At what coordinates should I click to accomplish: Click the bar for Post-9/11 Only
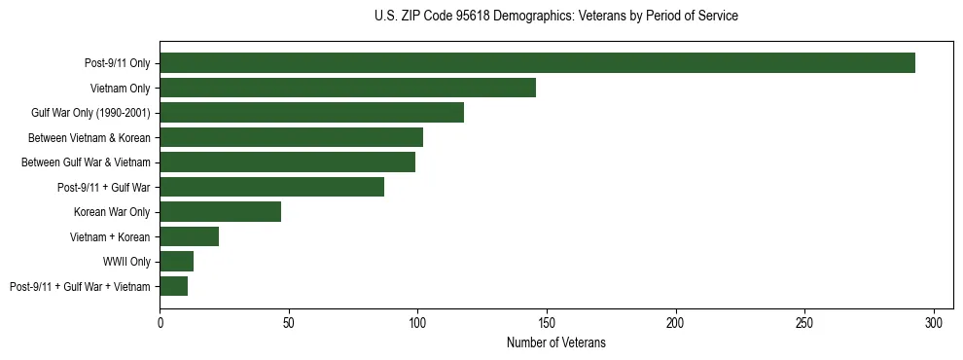pyautogui.click(x=537, y=63)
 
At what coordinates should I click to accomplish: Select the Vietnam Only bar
pyautogui.click(x=347, y=88)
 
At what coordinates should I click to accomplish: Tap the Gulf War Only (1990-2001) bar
pyautogui.click(x=311, y=113)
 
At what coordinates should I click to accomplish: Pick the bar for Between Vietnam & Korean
pyautogui.click(x=291, y=137)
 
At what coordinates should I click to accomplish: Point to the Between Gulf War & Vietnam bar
pyautogui.click(x=287, y=162)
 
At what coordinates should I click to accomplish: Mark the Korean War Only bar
pyautogui.click(x=220, y=212)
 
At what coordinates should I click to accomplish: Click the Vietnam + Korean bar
pyautogui.click(x=189, y=236)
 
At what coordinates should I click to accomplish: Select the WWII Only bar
pyautogui.click(x=176, y=262)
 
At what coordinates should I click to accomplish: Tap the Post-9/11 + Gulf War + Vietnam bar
pyautogui.click(x=173, y=286)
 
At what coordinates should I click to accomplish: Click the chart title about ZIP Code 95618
pyautogui.click(x=555, y=17)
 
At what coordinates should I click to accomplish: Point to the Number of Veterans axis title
pyautogui.click(x=555, y=342)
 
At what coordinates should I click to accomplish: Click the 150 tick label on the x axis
pyautogui.click(x=547, y=321)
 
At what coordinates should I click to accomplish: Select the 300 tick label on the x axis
pyautogui.click(x=934, y=321)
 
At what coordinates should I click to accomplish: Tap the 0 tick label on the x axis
pyautogui.click(x=160, y=321)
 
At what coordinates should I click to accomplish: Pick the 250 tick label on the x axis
pyautogui.click(x=804, y=321)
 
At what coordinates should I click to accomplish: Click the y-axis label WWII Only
pyautogui.click(x=125, y=262)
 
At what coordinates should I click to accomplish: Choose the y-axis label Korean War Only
pyautogui.click(x=111, y=212)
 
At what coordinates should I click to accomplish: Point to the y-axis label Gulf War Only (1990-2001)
pyautogui.click(x=90, y=113)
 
